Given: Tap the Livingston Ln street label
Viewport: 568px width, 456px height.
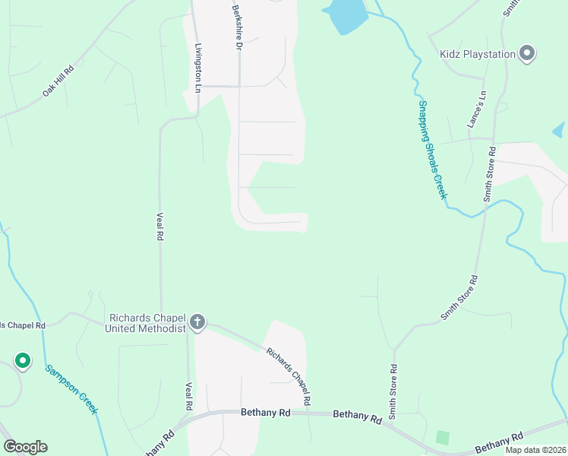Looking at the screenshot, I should click(x=198, y=68).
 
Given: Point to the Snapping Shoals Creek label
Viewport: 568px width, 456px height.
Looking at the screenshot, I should click(x=431, y=149).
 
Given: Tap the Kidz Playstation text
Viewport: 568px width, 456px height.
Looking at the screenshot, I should click(x=478, y=54).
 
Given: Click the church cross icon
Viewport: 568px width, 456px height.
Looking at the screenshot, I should click(x=197, y=322).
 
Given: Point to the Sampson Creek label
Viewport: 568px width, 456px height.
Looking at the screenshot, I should click(x=71, y=389).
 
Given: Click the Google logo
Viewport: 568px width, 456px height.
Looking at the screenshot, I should click(x=25, y=447).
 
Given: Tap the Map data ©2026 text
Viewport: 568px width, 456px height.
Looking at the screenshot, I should click(x=535, y=450).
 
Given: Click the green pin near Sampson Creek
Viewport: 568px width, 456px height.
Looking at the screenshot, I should click(x=23, y=360).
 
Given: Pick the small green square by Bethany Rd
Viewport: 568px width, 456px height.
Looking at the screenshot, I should click(x=442, y=438).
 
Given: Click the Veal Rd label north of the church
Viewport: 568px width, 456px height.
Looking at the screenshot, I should click(x=160, y=226).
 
